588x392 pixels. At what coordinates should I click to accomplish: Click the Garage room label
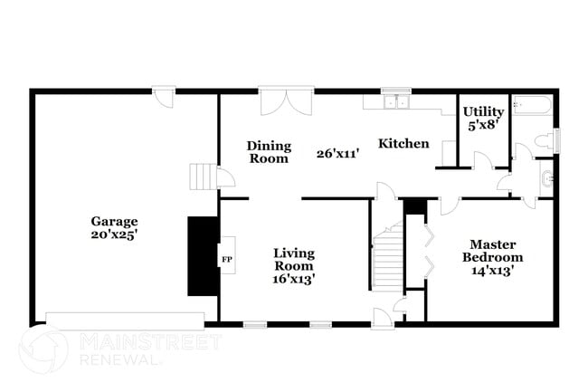coord(114,221)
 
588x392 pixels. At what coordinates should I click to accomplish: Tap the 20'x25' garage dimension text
coord(114,234)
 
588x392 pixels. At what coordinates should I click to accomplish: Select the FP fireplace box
coord(226,260)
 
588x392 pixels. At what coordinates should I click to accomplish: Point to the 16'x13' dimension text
coord(294,279)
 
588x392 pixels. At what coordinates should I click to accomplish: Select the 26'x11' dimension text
coord(338,154)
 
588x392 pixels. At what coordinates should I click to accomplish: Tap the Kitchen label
coord(403,144)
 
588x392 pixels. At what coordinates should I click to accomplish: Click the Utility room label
coord(484,112)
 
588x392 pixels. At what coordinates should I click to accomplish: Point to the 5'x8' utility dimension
coord(484,127)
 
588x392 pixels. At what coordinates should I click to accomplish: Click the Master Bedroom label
coord(493,251)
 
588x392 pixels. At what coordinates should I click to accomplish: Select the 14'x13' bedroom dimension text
coord(493,271)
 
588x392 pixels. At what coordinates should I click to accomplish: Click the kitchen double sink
coord(394,102)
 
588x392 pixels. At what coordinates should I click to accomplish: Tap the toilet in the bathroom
coord(544,141)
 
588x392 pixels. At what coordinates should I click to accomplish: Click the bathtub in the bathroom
coord(532,106)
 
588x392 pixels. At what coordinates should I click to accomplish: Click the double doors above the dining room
coord(287,100)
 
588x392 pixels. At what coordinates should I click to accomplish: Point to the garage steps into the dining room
coord(201,176)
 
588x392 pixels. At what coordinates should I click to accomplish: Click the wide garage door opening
coord(125,320)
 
